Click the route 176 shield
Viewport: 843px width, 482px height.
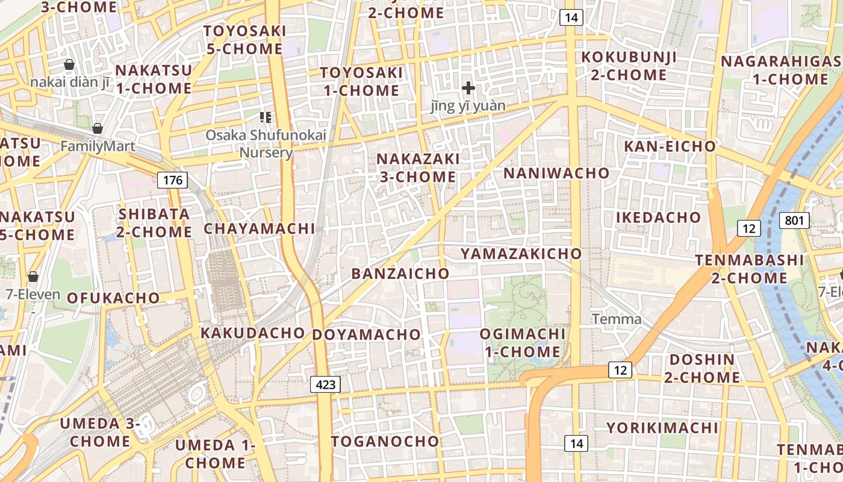click(172, 180)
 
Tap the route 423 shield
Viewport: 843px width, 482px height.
click(326, 384)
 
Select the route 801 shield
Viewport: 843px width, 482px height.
click(794, 221)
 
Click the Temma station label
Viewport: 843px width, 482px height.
click(617, 319)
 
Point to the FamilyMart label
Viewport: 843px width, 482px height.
click(98, 146)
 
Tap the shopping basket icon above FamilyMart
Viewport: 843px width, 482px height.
click(98, 128)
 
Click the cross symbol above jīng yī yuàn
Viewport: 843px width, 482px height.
click(468, 88)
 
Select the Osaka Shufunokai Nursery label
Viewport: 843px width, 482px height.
click(266, 143)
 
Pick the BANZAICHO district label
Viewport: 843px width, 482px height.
click(400, 274)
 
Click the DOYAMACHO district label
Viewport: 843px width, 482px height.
click(367, 334)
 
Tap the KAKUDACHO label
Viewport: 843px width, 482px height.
click(253, 333)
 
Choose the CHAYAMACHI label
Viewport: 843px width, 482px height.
click(259, 228)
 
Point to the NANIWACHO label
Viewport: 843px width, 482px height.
click(556, 173)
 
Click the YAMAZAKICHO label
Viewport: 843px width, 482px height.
click(521, 254)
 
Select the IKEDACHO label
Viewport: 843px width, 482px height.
click(658, 217)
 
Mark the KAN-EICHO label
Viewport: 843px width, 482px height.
click(670, 146)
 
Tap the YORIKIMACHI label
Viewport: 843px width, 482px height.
click(662, 428)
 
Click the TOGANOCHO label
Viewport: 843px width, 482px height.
click(385, 441)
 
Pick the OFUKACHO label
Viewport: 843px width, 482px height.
click(113, 298)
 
